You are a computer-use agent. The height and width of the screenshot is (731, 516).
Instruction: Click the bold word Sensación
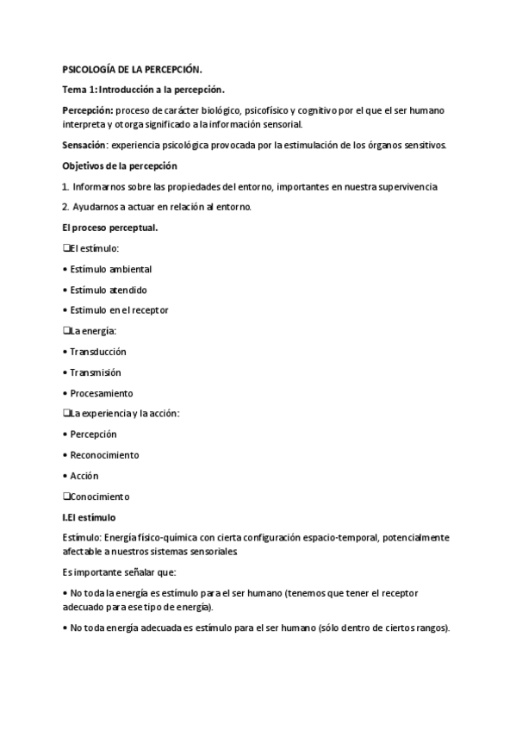click(x=86, y=144)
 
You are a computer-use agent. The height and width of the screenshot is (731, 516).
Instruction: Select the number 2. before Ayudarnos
click(x=66, y=207)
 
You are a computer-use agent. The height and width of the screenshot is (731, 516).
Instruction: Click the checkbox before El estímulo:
click(x=66, y=248)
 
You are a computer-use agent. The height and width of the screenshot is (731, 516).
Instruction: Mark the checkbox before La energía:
click(x=66, y=330)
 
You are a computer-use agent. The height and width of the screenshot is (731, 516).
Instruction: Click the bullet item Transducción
click(x=98, y=352)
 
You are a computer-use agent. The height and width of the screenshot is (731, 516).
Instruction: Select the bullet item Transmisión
click(x=96, y=372)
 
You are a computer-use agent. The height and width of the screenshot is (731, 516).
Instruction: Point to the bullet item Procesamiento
click(x=102, y=393)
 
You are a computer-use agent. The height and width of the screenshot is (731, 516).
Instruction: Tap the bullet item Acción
click(x=84, y=475)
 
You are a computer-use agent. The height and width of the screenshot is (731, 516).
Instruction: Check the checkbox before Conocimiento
click(x=66, y=497)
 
